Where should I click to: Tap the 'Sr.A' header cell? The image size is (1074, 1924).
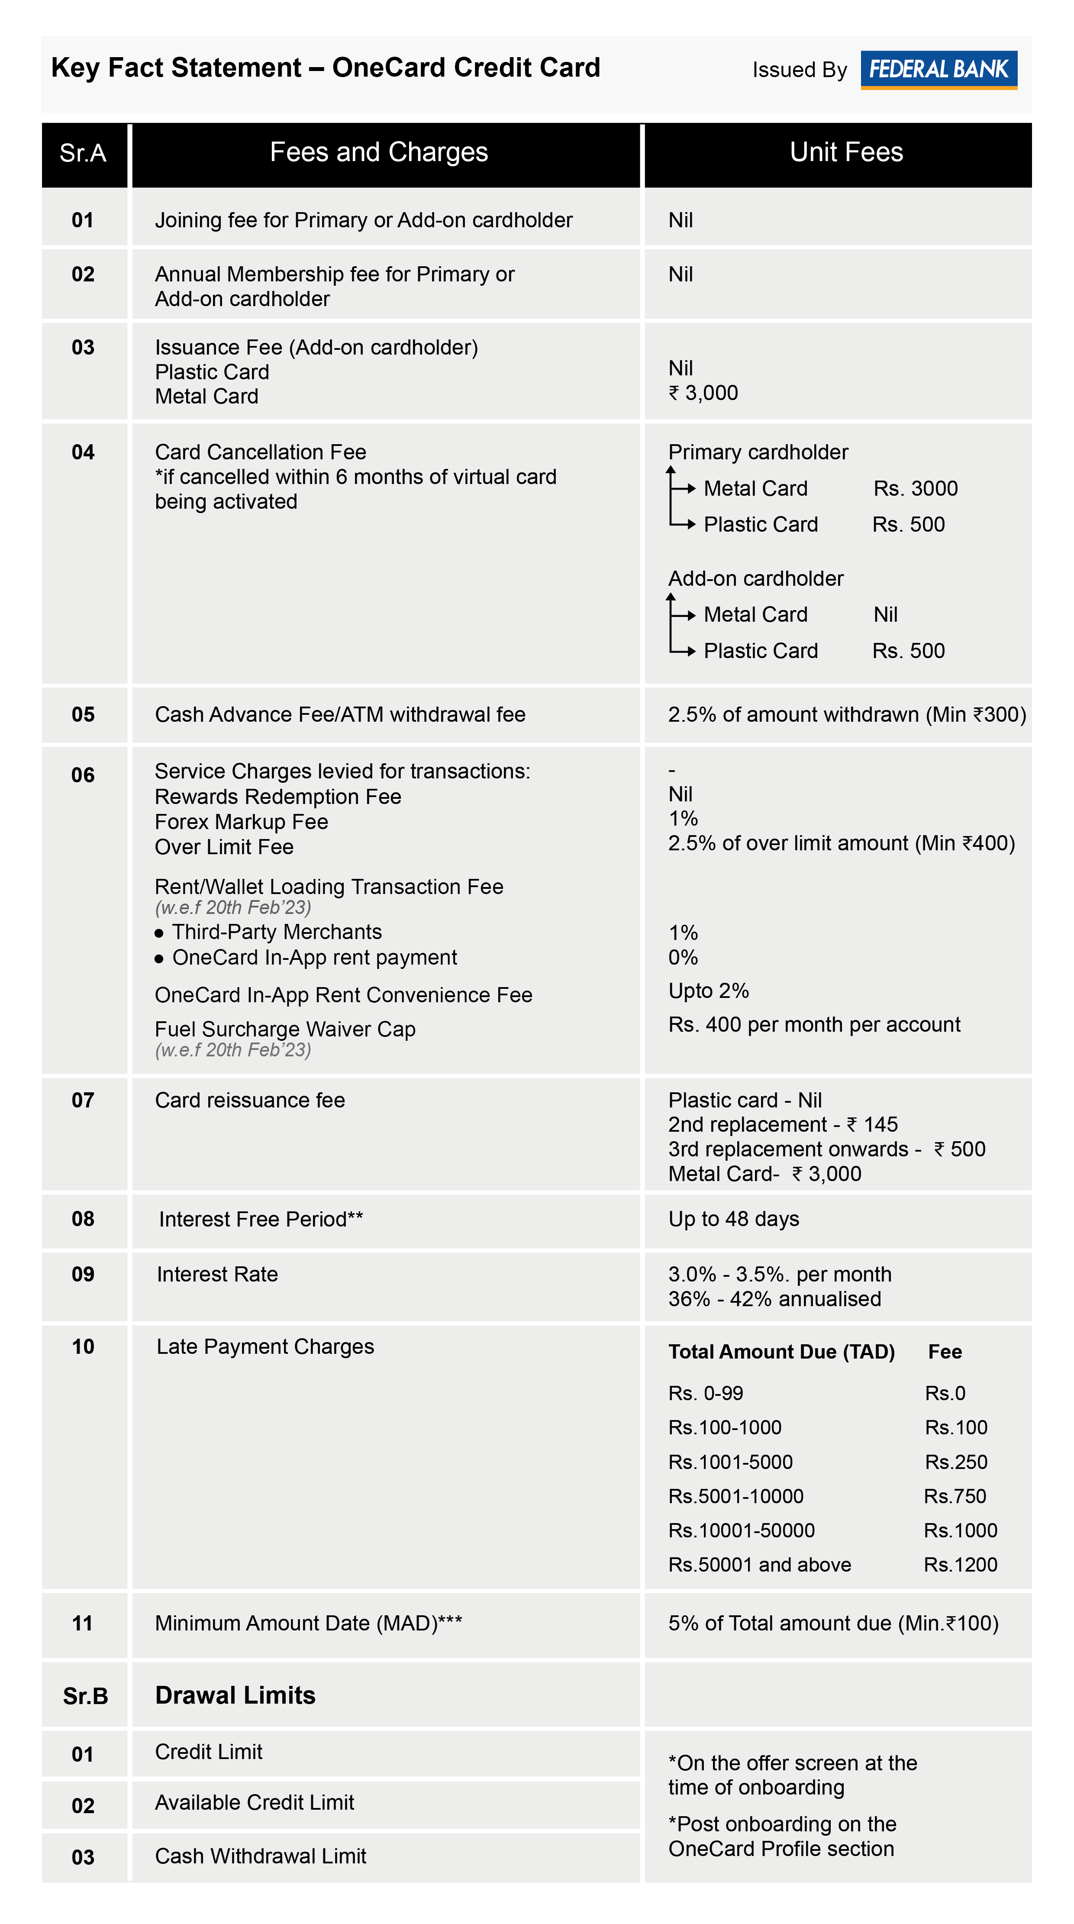click(83, 153)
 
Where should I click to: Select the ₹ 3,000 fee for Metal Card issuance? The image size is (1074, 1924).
click(703, 393)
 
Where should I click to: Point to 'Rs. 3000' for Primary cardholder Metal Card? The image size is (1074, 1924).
click(915, 488)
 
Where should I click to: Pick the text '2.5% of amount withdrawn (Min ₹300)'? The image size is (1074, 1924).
click(846, 715)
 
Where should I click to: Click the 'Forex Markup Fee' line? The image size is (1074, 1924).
click(241, 822)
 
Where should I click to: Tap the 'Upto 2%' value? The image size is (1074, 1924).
click(708, 991)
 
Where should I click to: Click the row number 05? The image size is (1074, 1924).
click(83, 715)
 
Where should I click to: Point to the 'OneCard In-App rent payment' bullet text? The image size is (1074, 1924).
click(314, 958)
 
